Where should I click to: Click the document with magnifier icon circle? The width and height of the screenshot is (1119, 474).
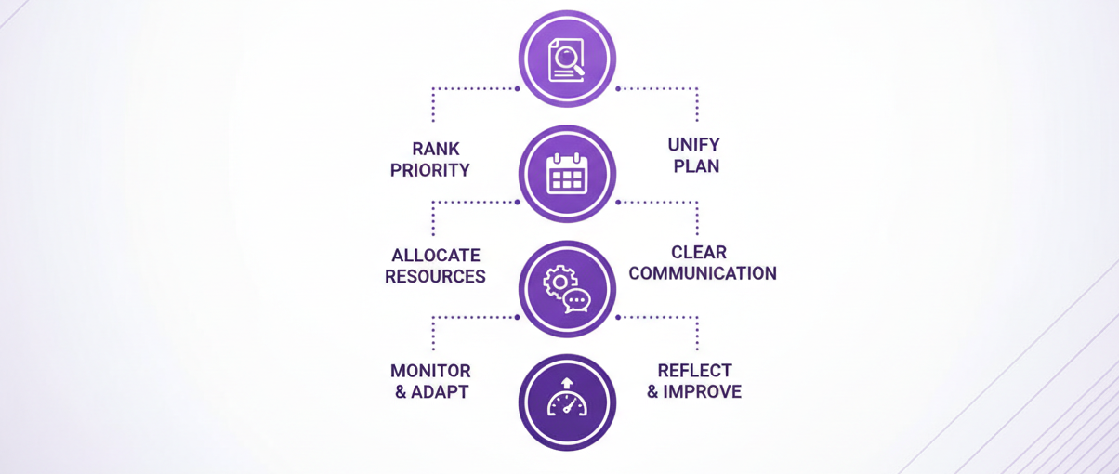pyautogui.click(x=567, y=59)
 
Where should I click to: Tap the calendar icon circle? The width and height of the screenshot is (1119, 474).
pyautogui.click(x=567, y=174)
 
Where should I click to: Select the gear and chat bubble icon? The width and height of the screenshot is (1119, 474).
pyautogui.click(x=567, y=289)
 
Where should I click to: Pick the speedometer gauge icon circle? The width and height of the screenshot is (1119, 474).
pyautogui.click(x=567, y=402)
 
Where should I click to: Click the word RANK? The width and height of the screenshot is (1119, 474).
pyautogui.click(x=436, y=150)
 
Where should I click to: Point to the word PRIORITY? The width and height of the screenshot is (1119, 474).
pyautogui.click(x=430, y=171)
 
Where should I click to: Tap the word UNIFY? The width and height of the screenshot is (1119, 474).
pyautogui.click(x=693, y=146)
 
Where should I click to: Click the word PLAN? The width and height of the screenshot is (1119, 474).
pyautogui.click(x=697, y=167)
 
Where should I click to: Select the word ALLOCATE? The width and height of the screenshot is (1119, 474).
pyautogui.click(x=436, y=256)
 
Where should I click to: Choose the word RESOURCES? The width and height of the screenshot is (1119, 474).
pyautogui.click(x=435, y=277)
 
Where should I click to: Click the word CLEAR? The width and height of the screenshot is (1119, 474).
pyautogui.click(x=699, y=252)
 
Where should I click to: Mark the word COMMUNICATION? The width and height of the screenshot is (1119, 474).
pyautogui.click(x=703, y=273)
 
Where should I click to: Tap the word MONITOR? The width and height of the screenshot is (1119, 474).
pyautogui.click(x=430, y=371)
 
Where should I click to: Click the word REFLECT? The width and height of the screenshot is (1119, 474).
pyautogui.click(x=695, y=371)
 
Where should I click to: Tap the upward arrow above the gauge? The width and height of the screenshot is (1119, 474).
pyautogui.click(x=567, y=382)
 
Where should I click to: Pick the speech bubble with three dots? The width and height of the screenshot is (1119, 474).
pyautogui.click(x=577, y=301)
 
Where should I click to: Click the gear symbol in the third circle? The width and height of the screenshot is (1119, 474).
pyautogui.click(x=559, y=282)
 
